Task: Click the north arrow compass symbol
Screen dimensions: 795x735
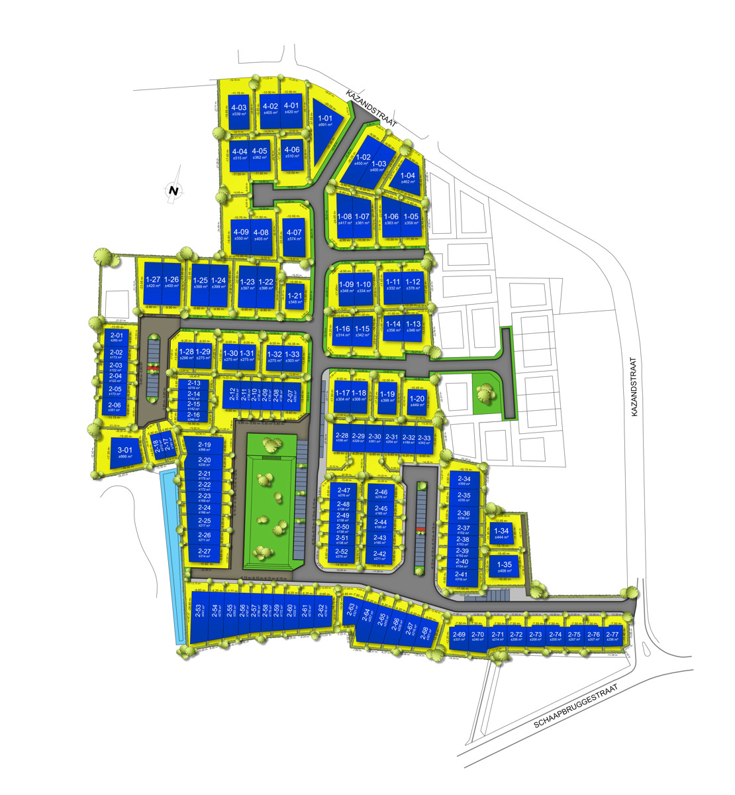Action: [x=173, y=191]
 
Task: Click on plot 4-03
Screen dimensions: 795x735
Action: [x=238, y=111]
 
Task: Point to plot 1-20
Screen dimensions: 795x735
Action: [x=417, y=401]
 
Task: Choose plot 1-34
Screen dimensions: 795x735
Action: [x=502, y=533]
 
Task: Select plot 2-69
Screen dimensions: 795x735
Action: [x=459, y=637]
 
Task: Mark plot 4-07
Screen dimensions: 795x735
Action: [x=293, y=235]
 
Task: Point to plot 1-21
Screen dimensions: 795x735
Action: [x=296, y=299]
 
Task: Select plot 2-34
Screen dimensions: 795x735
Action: [x=464, y=482]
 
